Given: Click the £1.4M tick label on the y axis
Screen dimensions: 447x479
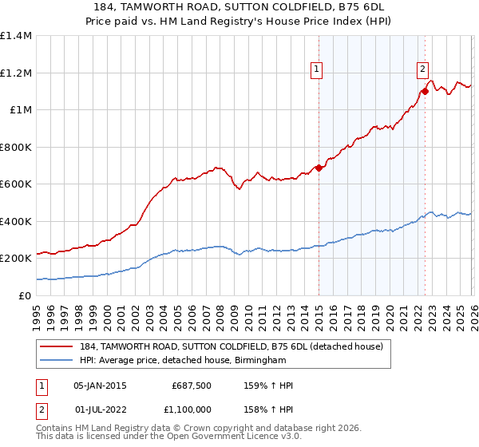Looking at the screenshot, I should [16, 36].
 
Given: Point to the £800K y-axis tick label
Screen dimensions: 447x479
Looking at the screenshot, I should [16, 147].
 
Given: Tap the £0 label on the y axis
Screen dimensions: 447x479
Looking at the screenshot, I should [24, 295].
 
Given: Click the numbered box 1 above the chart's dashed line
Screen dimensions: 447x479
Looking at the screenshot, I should [318, 69].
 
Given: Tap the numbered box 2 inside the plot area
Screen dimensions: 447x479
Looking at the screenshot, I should [422, 69].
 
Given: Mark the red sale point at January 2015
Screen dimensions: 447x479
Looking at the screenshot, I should [319, 168].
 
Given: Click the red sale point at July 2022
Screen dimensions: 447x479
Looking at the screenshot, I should [425, 91].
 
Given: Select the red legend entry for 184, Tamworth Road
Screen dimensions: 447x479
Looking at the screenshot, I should [232, 346].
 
